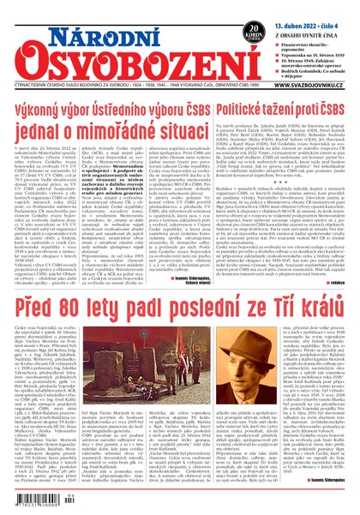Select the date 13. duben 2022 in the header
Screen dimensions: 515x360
pyautogui.click(x=306, y=9)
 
